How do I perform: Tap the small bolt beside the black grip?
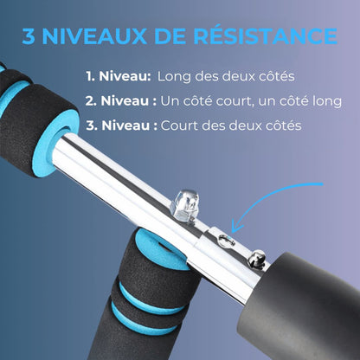[256, 260]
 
